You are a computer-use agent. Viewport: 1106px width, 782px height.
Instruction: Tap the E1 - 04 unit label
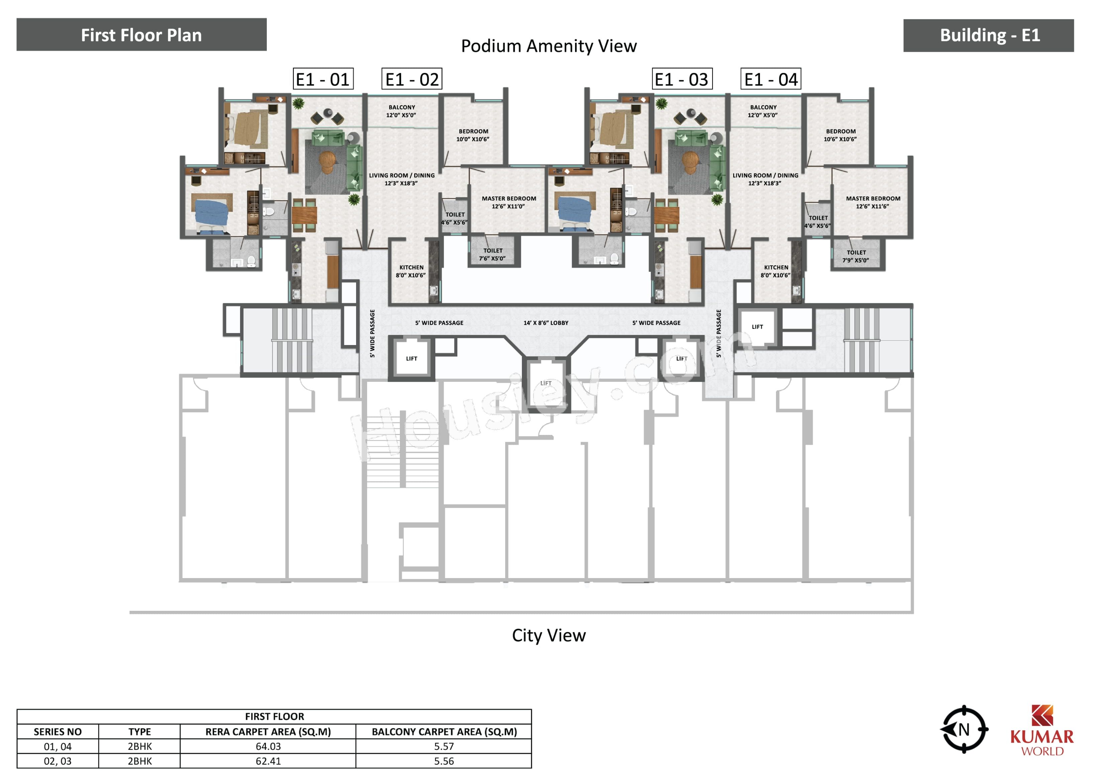(x=770, y=79)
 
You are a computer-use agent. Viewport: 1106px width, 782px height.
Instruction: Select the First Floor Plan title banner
(x=142, y=35)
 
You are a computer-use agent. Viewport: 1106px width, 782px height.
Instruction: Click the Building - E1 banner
(x=988, y=35)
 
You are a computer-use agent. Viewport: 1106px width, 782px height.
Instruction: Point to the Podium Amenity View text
(x=549, y=46)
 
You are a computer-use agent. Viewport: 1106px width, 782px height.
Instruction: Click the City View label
(x=549, y=636)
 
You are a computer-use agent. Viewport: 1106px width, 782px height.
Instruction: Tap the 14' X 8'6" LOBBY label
(x=546, y=323)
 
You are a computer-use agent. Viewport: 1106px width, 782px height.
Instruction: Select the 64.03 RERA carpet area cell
(x=268, y=746)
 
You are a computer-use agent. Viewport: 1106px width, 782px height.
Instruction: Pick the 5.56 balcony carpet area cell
(x=444, y=761)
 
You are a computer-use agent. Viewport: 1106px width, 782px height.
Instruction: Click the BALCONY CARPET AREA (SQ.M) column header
(x=444, y=732)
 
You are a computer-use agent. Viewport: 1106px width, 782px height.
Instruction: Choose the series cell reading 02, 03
(x=58, y=761)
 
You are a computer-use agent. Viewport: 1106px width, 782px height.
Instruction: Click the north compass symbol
(x=964, y=730)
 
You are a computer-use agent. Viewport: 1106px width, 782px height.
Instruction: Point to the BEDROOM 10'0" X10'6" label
(x=473, y=135)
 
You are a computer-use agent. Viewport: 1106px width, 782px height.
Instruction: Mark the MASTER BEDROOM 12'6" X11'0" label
(x=509, y=202)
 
